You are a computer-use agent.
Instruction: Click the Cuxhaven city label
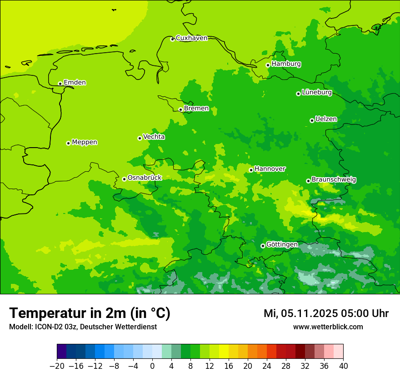[x=191, y=38]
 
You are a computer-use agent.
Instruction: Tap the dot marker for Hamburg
[x=268, y=65]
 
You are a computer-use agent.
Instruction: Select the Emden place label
[x=75, y=83]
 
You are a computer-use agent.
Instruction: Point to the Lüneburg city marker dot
[x=299, y=94]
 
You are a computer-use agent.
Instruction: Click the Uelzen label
[x=326, y=119]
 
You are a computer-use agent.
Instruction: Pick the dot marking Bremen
[x=181, y=109]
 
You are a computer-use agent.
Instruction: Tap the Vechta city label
[x=154, y=137]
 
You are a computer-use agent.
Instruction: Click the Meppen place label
[x=84, y=142]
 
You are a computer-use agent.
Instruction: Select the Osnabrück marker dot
[x=124, y=179]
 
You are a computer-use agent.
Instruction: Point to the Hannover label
[x=270, y=169]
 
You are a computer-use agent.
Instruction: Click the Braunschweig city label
[x=334, y=180]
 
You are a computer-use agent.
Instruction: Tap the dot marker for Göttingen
[x=263, y=246]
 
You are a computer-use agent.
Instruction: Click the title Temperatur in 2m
[x=90, y=313]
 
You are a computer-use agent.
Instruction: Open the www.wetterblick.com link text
[x=328, y=327]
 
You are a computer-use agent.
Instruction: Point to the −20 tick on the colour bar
[x=57, y=366]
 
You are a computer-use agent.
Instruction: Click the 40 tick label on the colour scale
[x=343, y=366]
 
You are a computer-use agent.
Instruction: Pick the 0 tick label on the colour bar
[x=152, y=366]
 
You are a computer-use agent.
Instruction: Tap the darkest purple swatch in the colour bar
[x=61, y=352]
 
